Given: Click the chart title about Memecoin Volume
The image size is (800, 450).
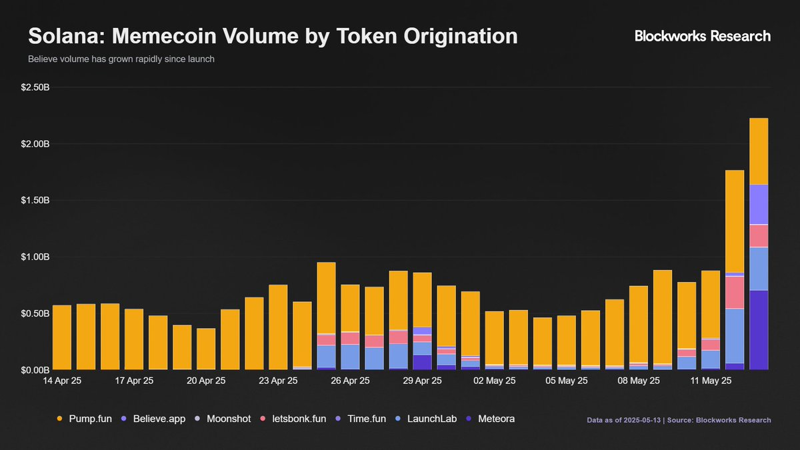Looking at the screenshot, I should point(272,36).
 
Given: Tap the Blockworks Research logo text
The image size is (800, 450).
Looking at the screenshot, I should point(702,36).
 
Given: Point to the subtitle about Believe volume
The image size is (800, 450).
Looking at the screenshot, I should point(121,59).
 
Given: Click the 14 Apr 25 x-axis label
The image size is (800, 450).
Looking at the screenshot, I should point(62,381).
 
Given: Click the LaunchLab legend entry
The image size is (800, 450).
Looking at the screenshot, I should point(430,419).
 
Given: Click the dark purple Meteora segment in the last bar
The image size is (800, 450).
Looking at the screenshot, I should point(759,330).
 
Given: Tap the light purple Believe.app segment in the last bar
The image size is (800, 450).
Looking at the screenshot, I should point(759,205).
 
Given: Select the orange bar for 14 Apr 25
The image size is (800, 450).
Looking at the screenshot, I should point(62,337).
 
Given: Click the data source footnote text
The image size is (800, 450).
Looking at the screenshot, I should point(679,420).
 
